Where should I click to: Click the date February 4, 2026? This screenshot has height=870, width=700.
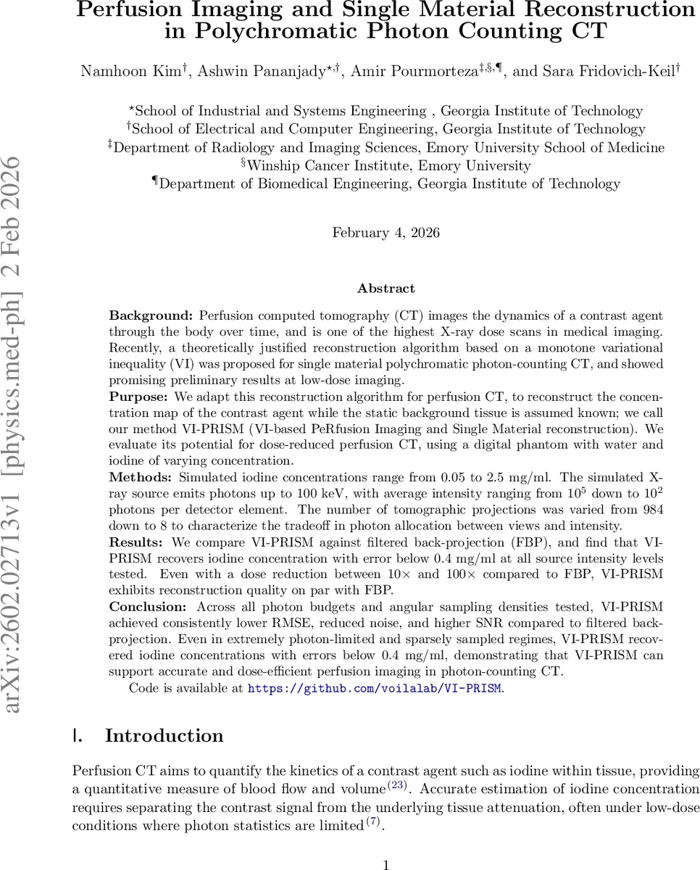[x=386, y=233]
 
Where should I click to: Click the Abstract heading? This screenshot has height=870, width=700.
[x=386, y=289]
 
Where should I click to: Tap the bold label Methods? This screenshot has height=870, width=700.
[x=141, y=478]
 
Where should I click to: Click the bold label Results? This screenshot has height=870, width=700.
[x=138, y=542]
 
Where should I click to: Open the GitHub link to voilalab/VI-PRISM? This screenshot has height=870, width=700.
[x=374, y=688]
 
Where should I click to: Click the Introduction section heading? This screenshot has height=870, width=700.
[x=164, y=736]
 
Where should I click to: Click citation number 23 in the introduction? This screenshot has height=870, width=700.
[x=399, y=785]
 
